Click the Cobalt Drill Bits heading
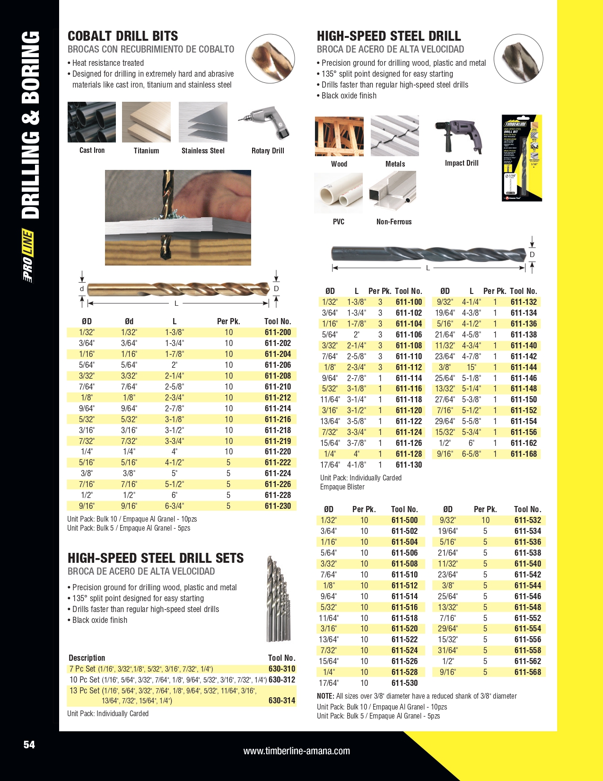123,36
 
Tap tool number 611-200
278,332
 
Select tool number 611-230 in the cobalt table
278,506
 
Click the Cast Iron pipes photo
92,122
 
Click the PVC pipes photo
338,193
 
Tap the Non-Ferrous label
394,222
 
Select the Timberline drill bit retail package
522,158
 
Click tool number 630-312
282,680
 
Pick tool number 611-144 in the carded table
524,367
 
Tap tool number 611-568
527,672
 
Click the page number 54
29,745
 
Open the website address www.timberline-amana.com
297,751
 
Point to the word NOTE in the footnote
325,696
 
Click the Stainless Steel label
203,151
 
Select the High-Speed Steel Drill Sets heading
156,558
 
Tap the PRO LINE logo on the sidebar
28,256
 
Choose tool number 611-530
404,683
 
